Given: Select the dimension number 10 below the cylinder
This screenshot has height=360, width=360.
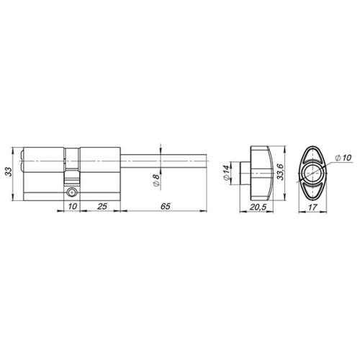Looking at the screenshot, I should point(70,207).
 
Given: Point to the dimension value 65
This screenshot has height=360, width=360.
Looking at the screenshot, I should point(165,207).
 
